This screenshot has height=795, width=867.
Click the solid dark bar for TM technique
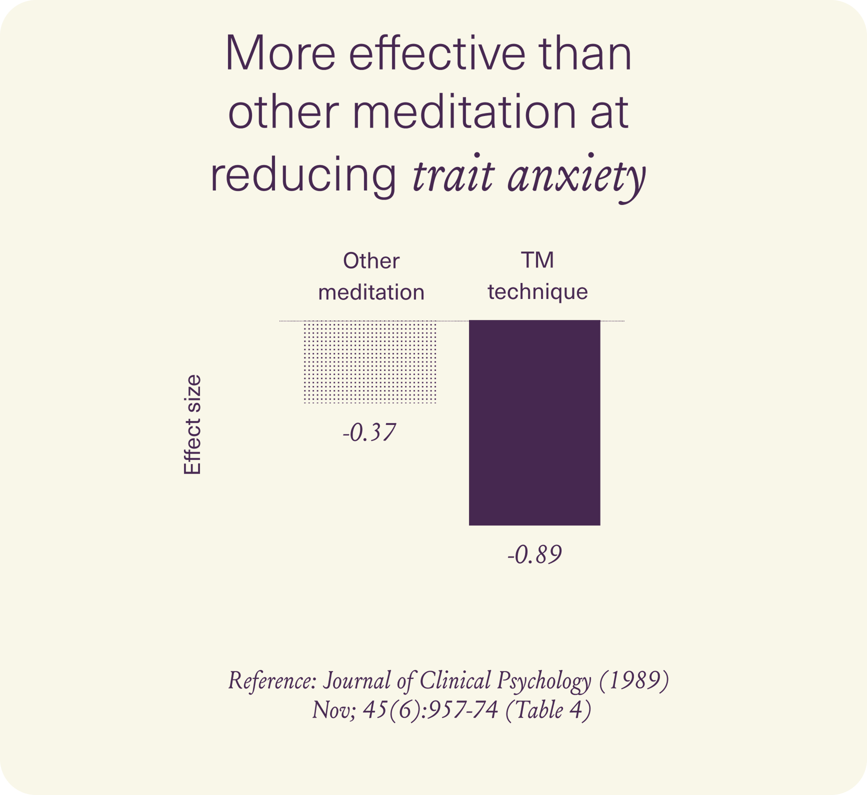click(534, 422)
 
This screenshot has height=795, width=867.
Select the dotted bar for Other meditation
click(370, 361)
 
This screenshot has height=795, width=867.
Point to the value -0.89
click(534, 554)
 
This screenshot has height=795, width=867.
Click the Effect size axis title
click(192, 424)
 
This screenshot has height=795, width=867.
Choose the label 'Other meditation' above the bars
click(371, 276)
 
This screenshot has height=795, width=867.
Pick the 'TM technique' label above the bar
click(538, 276)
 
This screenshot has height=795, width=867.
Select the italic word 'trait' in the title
click(453, 175)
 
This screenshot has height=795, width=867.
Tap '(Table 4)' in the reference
click(548, 710)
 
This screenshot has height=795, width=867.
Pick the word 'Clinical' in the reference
click(455, 680)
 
